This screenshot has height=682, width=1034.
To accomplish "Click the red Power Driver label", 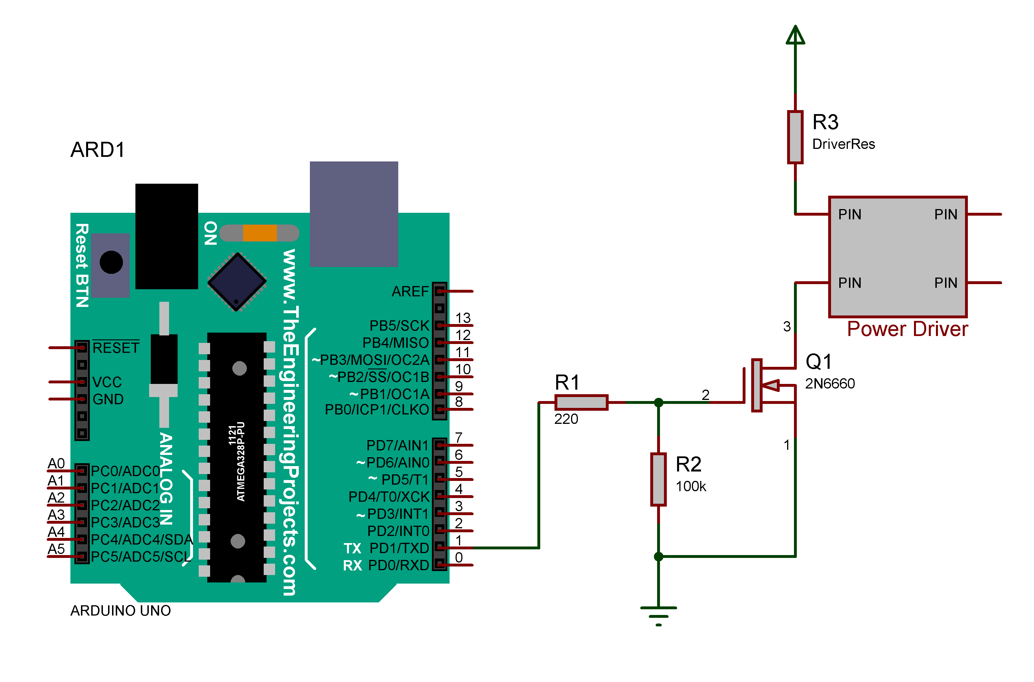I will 907,329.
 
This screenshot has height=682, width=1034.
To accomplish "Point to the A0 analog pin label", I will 56,464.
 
